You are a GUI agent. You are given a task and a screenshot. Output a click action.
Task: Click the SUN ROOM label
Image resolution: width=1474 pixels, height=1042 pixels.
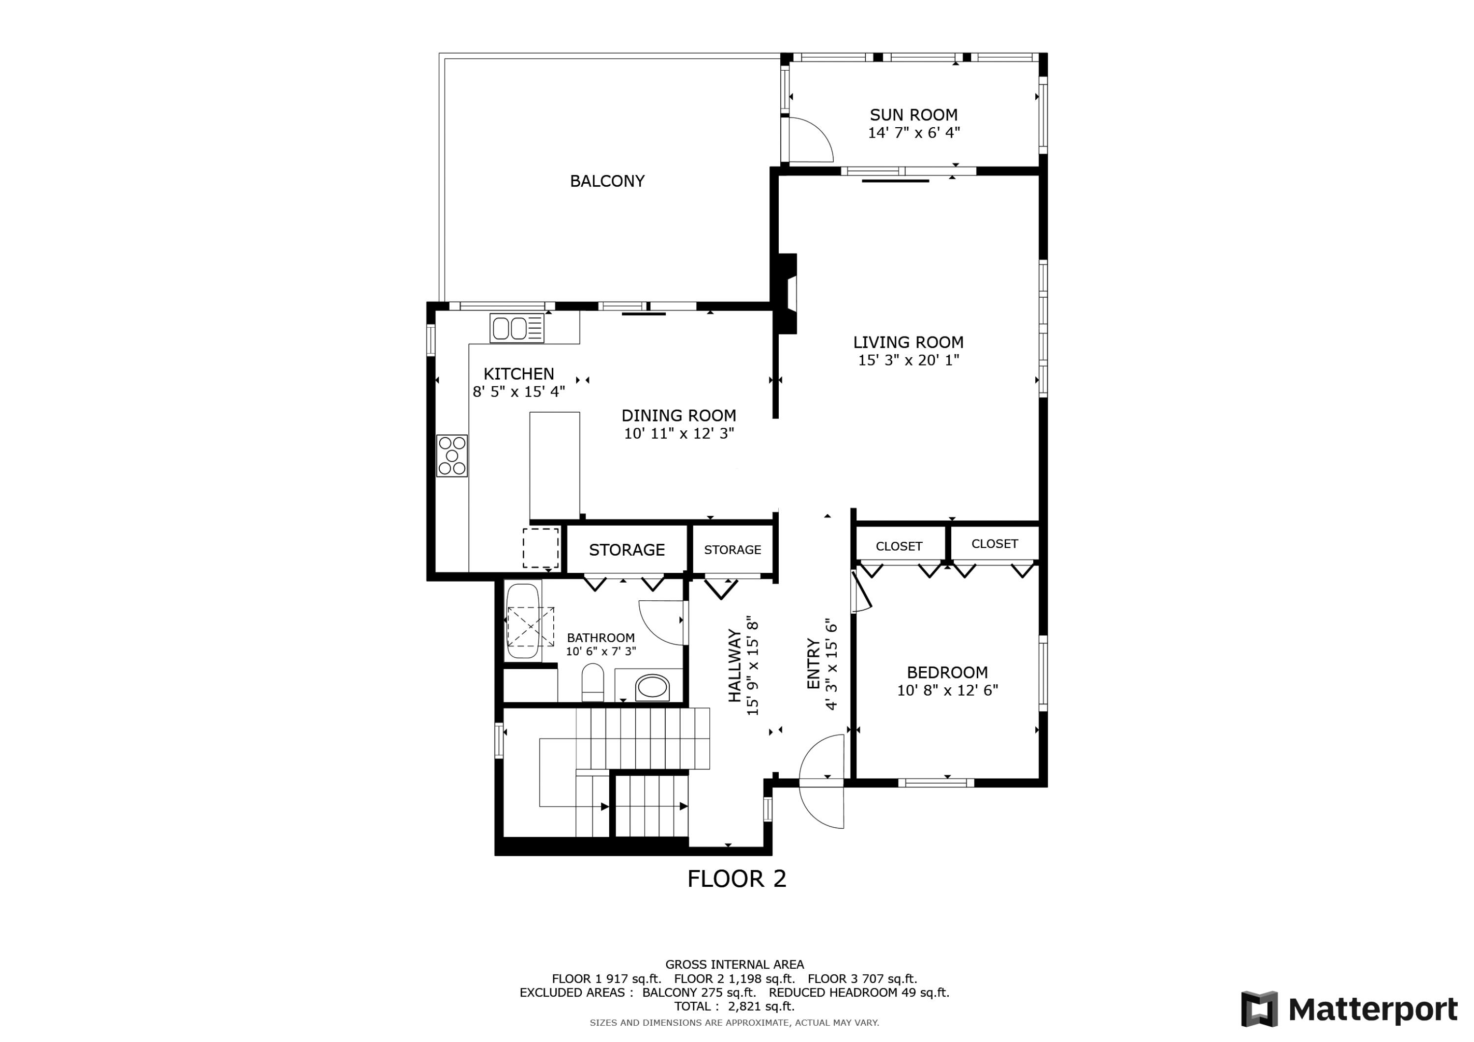[x=913, y=115]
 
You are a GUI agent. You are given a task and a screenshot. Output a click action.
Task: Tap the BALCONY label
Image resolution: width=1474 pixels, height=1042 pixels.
[x=607, y=181]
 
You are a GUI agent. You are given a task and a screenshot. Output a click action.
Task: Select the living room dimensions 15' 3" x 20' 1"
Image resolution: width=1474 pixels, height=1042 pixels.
[x=908, y=360]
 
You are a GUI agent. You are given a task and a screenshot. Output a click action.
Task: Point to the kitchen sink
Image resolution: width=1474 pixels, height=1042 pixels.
[x=517, y=328]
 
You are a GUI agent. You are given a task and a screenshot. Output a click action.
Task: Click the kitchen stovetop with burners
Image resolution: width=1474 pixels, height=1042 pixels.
[x=452, y=455]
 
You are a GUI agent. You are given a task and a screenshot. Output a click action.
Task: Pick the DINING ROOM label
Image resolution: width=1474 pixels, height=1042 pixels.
[x=679, y=416]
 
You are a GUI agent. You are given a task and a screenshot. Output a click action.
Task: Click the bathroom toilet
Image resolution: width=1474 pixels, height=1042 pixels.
[x=593, y=682]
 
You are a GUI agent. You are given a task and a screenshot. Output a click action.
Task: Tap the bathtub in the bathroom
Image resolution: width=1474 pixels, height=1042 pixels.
[x=523, y=621]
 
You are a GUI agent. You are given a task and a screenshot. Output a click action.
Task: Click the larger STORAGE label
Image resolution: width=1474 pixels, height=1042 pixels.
[x=626, y=550]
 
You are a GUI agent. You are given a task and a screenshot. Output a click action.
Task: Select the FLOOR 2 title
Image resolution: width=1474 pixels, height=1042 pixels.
[x=737, y=879]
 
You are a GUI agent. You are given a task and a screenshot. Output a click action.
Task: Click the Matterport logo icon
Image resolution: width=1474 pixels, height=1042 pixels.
[x=1259, y=1009]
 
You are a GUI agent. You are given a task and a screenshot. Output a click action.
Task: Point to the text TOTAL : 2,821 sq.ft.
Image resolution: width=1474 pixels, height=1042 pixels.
[x=735, y=1006]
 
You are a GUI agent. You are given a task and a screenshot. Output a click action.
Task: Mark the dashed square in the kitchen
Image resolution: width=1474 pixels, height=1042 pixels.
[x=540, y=548]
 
